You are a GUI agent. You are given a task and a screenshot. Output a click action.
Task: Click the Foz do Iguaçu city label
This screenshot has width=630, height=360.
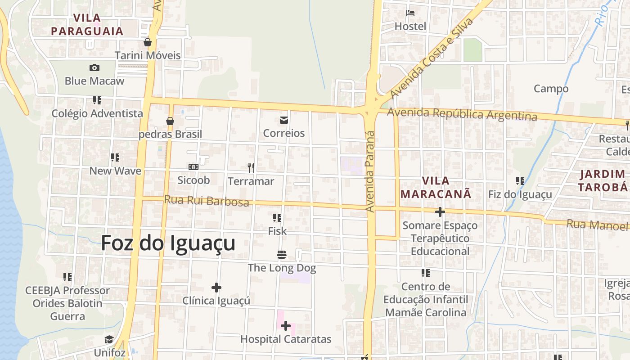coord(168,243)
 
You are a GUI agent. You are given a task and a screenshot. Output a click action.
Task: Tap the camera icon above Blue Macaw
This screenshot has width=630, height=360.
coord(94,67)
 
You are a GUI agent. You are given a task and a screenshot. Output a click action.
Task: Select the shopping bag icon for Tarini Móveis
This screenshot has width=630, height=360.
coord(147,42)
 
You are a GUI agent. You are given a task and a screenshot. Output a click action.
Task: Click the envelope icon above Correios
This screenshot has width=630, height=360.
coord(284,120)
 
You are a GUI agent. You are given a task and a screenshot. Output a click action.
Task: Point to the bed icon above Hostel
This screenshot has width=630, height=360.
coord(410,13)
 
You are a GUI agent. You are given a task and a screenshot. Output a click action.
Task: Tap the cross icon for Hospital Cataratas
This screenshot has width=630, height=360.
coord(286,326)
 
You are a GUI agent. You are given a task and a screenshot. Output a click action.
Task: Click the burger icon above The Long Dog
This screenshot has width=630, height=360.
coord(282,255)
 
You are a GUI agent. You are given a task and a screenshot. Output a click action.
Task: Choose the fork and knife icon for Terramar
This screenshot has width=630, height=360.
coord(251,168)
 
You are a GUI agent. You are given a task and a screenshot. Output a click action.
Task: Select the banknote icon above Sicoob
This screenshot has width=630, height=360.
coord(193,167)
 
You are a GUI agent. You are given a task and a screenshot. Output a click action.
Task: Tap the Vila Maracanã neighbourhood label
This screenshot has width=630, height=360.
coord(436,187)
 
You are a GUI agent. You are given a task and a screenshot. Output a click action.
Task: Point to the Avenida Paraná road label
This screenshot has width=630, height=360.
coord(370,171)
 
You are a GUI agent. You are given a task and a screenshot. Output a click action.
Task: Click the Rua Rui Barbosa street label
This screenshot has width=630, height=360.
coord(207,201)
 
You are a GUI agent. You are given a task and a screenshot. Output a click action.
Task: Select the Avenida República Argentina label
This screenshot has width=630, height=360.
coord(462,114)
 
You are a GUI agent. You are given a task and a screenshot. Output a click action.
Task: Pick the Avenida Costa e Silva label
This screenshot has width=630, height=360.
coord(432,58)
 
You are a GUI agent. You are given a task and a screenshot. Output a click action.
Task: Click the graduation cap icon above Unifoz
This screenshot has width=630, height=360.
coord(109,339)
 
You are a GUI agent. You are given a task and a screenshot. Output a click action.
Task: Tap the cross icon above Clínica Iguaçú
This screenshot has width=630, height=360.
coord(216,287)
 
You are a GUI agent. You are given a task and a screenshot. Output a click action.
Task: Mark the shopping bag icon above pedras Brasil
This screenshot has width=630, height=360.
coord(170,121)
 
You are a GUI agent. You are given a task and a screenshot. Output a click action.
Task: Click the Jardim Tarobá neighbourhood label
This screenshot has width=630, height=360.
coord(603,180)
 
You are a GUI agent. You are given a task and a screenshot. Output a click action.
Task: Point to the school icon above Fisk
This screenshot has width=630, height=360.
coord(277,218)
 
